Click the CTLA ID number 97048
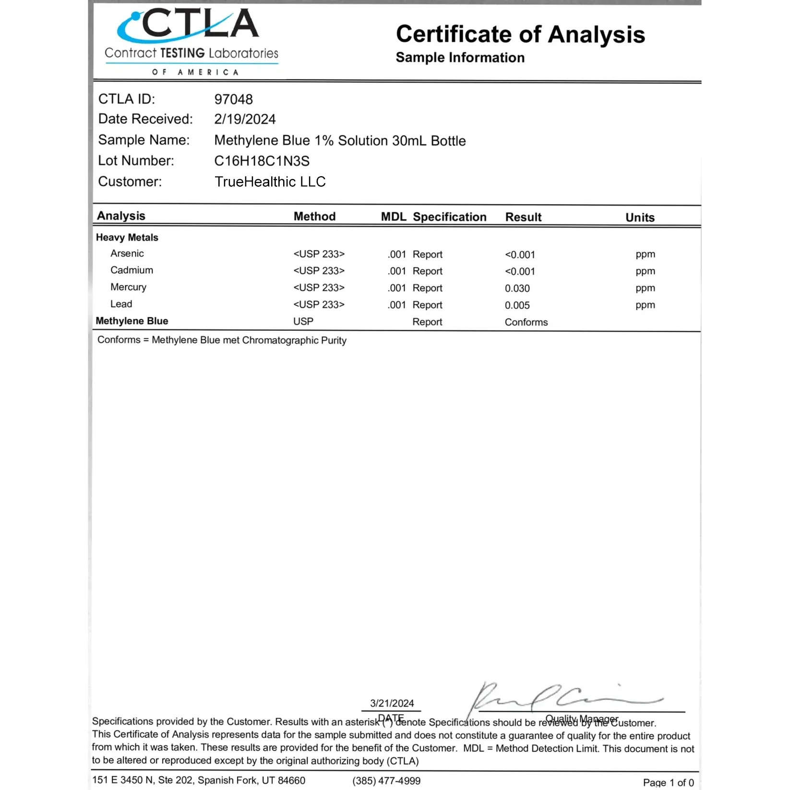[x=233, y=99]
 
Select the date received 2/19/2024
[x=245, y=120]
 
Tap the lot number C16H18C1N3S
[x=262, y=161]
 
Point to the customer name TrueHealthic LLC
[x=270, y=182]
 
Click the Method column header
[x=314, y=216]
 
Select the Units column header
[x=640, y=217]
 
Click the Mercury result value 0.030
[x=517, y=288]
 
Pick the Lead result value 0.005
[x=517, y=305]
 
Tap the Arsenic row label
[x=127, y=253]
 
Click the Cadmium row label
[x=132, y=270]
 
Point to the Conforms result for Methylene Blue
[x=526, y=322]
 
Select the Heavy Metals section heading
[x=127, y=238]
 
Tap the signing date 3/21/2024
[x=392, y=703]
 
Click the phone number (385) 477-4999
[x=386, y=781]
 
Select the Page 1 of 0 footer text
[x=668, y=782]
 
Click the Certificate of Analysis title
[x=520, y=35]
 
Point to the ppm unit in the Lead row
[x=645, y=305]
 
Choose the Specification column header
[x=449, y=217]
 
